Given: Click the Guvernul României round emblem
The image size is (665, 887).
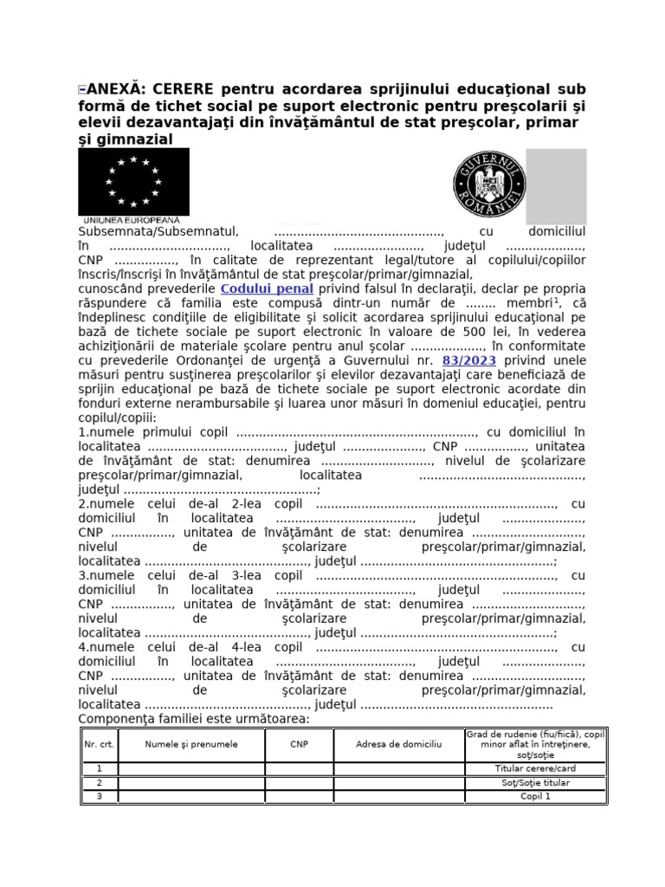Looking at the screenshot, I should coord(487,185).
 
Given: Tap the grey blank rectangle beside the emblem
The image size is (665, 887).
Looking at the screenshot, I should coord(556,186).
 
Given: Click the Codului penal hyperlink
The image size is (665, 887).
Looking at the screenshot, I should coord(268,288).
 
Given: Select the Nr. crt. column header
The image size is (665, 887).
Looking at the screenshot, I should coord(100,744).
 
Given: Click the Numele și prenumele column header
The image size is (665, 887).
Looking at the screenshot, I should coord(191,744).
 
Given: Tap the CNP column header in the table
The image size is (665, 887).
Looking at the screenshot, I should coord(299,744).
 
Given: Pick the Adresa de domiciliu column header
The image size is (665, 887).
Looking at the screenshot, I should coord(398,744).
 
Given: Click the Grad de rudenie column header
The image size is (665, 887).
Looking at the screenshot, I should coord(535,744).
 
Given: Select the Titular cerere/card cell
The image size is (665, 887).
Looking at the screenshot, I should coord(535,768).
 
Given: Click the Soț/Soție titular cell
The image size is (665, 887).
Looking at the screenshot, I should coord(535,783).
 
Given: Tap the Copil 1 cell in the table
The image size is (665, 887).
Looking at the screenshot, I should coord(535,797).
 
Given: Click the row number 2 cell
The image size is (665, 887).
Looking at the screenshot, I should coord(100,783).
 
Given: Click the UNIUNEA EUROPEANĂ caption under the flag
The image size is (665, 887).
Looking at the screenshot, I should coord(130,220).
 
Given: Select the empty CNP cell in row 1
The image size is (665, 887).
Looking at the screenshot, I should coord(299,768).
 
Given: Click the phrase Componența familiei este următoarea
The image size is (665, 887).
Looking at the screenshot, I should coord(194,719).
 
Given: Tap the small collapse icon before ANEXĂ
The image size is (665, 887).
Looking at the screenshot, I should coord(81,89).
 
